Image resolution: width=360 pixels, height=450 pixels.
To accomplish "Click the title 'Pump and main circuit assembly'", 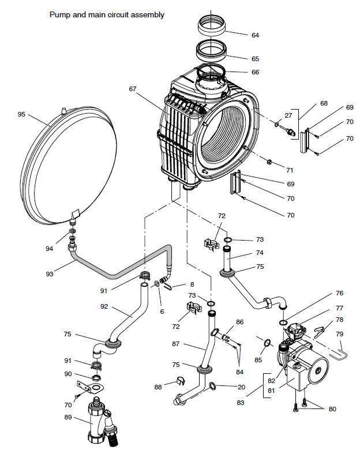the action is tap(107, 14).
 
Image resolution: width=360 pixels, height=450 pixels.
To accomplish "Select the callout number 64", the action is tap(255, 35).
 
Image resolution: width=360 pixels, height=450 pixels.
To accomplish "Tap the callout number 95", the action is tap(21, 114).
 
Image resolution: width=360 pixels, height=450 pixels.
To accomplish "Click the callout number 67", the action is tap(132, 89).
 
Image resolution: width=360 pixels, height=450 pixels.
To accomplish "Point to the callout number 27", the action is tap(288, 115).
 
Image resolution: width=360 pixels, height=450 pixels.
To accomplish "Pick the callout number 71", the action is tap(290, 170).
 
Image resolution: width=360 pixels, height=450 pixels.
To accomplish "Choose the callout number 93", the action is tap(50, 274).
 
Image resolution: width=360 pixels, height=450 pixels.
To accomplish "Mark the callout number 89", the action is tap(68, 417).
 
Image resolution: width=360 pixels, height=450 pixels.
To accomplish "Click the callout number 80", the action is tap(332, 409).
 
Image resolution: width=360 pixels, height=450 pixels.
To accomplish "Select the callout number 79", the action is tap(340, 334).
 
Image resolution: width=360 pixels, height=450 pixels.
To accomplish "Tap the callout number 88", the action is tap(158, 387).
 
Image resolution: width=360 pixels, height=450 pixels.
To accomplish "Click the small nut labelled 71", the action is tap(269, 162).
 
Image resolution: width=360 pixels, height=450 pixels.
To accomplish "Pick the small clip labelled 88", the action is tap(180, 381).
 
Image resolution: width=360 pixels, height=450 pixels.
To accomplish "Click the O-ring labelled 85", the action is tap(267, 342).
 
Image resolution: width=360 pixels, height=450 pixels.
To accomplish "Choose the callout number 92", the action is tap(104, 306).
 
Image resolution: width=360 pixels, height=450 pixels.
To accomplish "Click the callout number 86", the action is tap(240, 322).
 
